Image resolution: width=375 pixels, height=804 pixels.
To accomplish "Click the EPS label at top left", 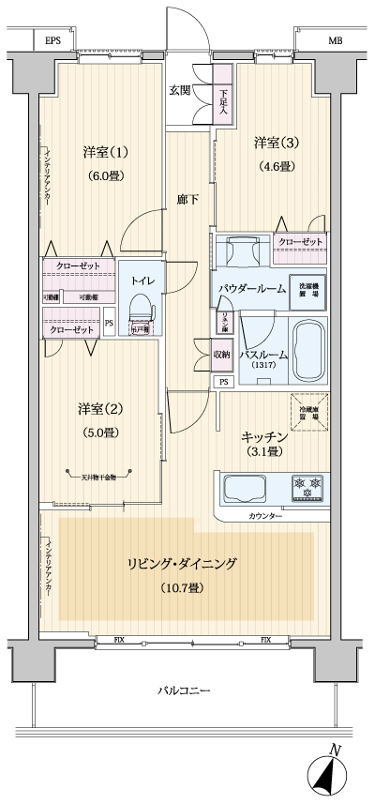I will pos(53,42).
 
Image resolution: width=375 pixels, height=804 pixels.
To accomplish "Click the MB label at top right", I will pos(335,42).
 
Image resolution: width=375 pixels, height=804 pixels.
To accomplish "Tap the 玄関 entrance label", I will pos(181,90).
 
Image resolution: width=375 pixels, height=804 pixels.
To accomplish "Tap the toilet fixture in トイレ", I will pos(141,311).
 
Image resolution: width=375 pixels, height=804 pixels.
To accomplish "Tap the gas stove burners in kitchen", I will pos(307,488).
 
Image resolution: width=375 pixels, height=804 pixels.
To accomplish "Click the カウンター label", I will pos(266,516).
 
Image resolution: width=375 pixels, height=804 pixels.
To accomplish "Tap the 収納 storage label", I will pos(221,354).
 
